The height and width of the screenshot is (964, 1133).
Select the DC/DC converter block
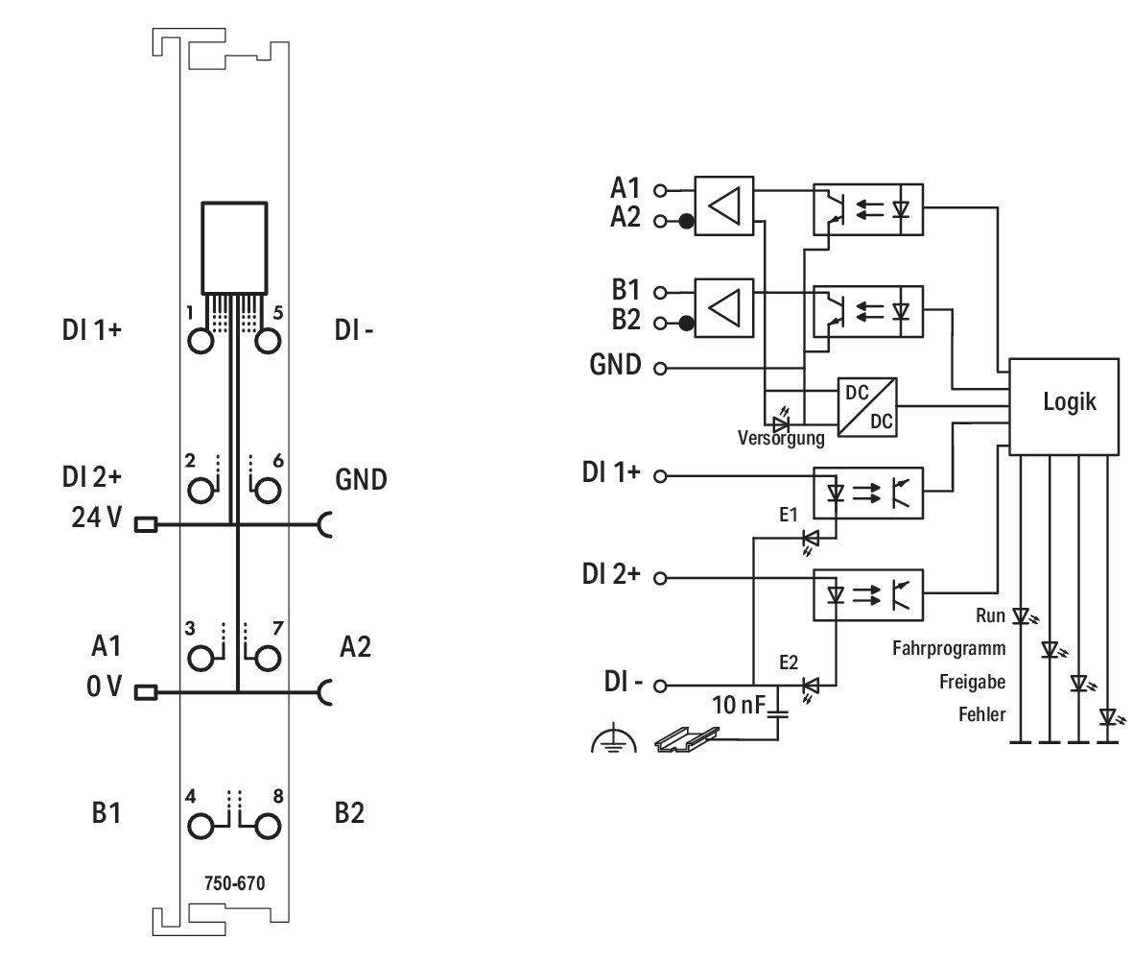click(867, 407)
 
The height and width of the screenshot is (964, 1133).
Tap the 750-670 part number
click(234, 883)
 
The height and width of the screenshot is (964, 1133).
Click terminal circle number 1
click(201, 341)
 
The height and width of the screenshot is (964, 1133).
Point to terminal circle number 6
click(268, 491)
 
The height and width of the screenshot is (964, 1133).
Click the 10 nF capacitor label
click(738, 705)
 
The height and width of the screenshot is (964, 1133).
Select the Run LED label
click(990, 615)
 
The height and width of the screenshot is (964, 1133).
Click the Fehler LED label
click(982, 714)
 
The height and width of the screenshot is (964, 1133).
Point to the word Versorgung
click(780, 438)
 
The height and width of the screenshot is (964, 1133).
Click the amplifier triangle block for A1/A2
click(724, 205)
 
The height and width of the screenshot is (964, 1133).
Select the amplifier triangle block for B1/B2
click(724, 307)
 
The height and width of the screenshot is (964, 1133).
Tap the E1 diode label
click(789, 515)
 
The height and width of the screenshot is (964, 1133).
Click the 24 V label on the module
click(97, 518)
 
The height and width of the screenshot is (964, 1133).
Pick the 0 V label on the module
click(104, 687)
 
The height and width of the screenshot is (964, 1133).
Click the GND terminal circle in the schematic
click(660, 368)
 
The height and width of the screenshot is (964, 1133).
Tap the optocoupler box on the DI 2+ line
click(868, 594)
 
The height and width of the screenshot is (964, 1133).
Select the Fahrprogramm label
click(949, 648)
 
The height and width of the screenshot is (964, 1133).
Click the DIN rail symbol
click(687, 739)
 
